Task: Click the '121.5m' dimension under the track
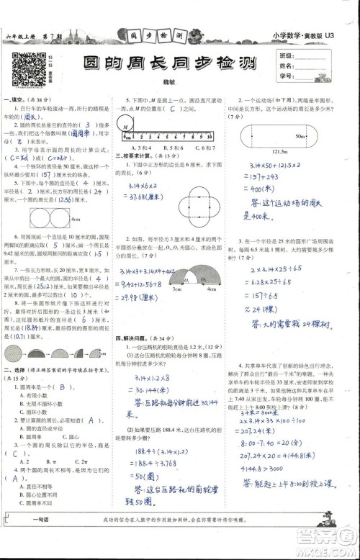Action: [x=292, y=153]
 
